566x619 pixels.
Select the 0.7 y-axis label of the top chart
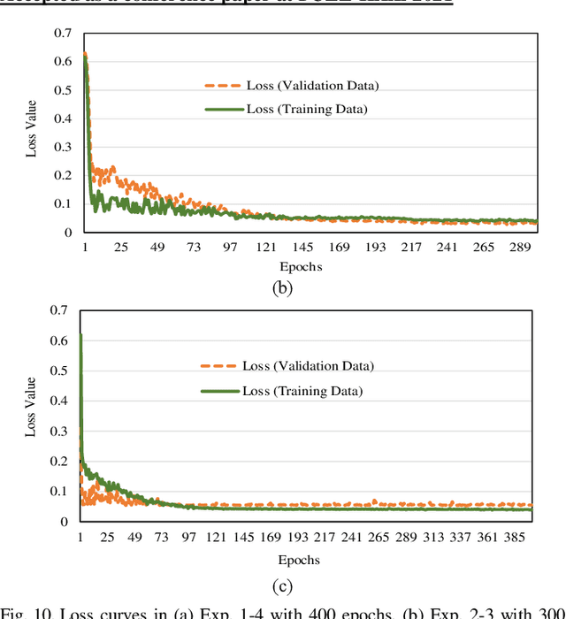coord(62,33)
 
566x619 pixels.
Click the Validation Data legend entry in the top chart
coord(314,86)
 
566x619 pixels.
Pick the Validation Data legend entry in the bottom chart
coord(309,366)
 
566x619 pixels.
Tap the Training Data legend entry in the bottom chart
coord(302,391)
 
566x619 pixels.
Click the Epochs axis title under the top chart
coord(301,266)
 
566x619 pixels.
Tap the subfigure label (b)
coord(282,287)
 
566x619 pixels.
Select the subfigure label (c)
coord(282,585)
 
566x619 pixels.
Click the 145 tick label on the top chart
coord(303,248)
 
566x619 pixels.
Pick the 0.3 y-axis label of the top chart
coord(62,147)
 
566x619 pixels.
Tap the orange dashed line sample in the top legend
coord(222,86)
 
